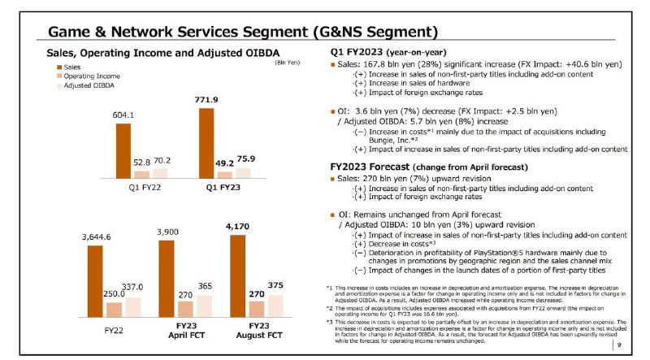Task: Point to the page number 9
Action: coord(619,345)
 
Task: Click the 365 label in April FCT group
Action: coord(205,287)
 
